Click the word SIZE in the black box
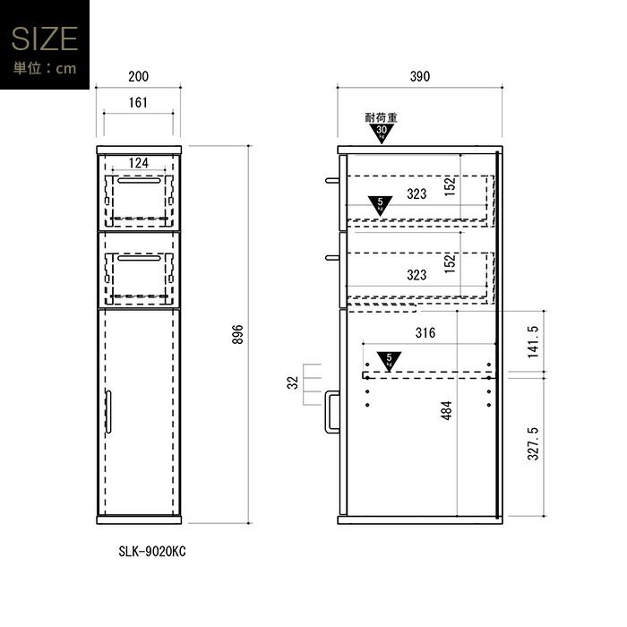click(x=45, y=39)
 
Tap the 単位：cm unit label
click(x=45, y=68)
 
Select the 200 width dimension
click(x=138, y=76)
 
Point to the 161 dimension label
click(x=138, y=103)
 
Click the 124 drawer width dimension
click(x=138, y=163)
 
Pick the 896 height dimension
click(x=237, y=334)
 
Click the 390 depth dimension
click(x=420, y=76)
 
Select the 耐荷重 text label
click(x=381, y=117)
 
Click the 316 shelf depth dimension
click(x=425, y=332)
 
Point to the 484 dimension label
click(x=446, y=410)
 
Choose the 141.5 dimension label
click(x=534, y=342)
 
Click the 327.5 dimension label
click(x=534, y=444)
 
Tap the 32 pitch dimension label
click(x=293, y=382)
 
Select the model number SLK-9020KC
click(x=152, y=552)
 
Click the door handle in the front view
click(x=108, y=412)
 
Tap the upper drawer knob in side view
click(x=332, y=181)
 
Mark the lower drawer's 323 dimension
click(x=417, y=275)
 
